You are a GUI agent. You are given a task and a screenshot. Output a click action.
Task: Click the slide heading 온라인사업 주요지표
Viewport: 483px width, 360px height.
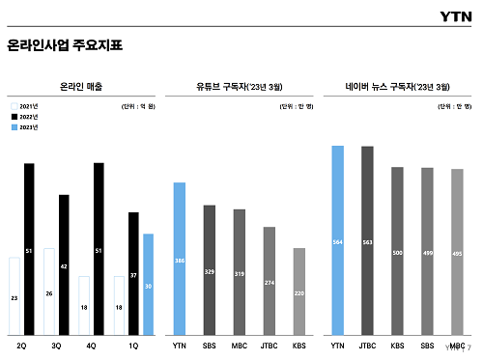click(x=65, y=45)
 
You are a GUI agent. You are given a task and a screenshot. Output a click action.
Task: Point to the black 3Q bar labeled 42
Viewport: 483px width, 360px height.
click(x=64, y=264)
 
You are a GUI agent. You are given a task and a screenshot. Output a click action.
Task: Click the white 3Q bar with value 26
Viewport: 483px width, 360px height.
click(x=49, y=291)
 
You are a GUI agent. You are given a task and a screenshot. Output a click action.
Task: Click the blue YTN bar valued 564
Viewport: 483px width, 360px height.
click(x=337, y=240)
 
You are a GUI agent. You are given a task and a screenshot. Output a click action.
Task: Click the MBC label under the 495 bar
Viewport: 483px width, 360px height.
click(x=456, y=345)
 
